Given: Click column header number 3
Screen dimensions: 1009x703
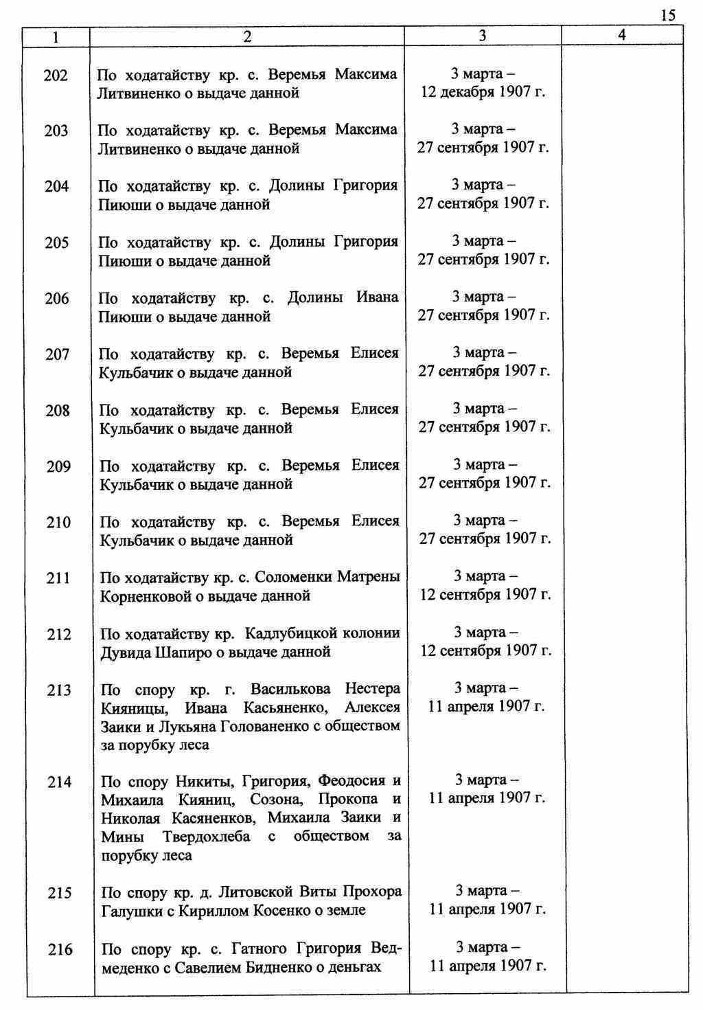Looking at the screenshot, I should pyautogui.click(x=483, y=36).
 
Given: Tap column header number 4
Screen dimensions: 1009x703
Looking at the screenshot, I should pyautogui.click(x=622, y=36).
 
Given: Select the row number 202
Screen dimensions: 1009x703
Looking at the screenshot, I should pyautogui.click(x=56, y=76).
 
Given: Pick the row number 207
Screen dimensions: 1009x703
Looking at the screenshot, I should pyautogui.click(x=57, y=355).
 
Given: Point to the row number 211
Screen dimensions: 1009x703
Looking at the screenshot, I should pyautogui.click(x=58, y=578).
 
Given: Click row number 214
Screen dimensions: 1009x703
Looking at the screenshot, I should pyautogui.click(x=59, y=782).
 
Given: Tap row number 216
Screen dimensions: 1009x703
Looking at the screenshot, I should pyautogui.click(x=60, y=950).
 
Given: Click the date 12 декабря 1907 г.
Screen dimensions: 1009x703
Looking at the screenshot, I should pyautogui.click(x=483, y=92).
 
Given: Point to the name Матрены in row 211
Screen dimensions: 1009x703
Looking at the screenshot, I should pyautogui.click(x=369, y=577).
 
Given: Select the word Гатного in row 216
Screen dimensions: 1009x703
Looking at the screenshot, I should pyautogui.click(x=257, y=949).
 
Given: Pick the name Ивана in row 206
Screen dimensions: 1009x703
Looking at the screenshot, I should pyautogui.click(x=377, y=297).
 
